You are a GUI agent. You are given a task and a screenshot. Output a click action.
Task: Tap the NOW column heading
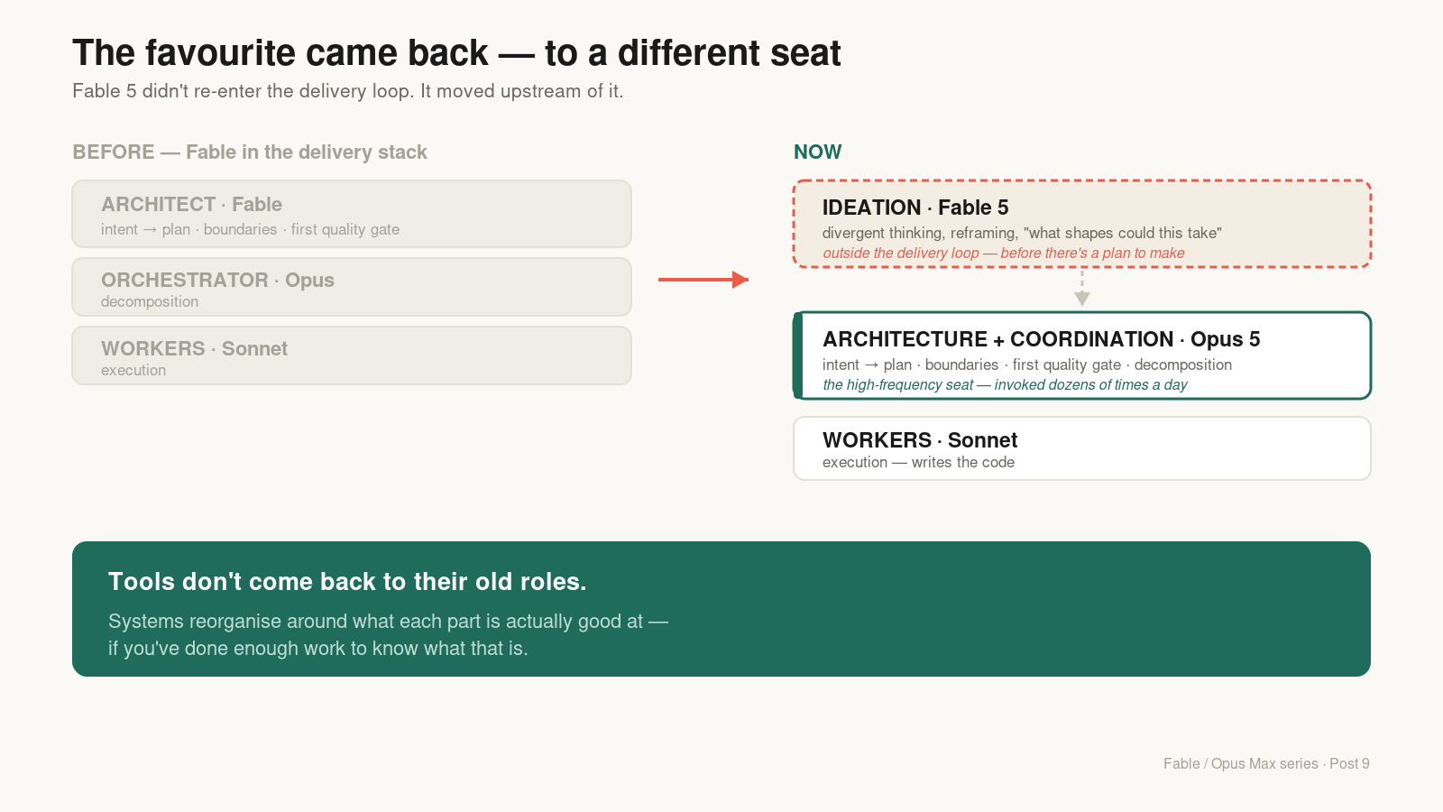pyautogui.click(x=817, y=152)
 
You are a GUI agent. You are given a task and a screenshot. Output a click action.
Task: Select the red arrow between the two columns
pyautogui.click(x=703, y=280)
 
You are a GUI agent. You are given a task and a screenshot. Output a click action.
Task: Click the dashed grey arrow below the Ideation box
pyautogui.click(x=1082, y=288)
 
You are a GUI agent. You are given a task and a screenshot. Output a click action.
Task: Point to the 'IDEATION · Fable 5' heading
pyautogui.click(x=915, y=208)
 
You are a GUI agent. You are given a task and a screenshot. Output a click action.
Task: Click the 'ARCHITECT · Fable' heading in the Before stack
pyautogui.click(x=191, y=204)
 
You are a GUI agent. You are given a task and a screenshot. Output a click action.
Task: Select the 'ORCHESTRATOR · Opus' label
pyautogui.click(x=217, y=281)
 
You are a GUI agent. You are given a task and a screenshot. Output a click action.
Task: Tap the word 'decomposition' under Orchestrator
pyautogui.click(x=150, y=301)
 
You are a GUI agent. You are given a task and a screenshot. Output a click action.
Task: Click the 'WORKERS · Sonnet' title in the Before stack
pyautogui.click(x=194, y=348)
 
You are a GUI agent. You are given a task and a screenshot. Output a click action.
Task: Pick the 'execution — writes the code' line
pyautogui.click(x=919, y=462)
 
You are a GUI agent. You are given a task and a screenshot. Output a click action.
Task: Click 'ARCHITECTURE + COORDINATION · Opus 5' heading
pyautogui.click(x=1041, y=339)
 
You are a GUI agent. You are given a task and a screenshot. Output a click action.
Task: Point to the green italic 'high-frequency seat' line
pyautogui.click(x=1005, y=384)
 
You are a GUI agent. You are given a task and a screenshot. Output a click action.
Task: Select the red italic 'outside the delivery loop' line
pyautogui.click(x=1004, y=254)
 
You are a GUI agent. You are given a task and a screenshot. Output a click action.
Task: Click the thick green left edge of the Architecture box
pyautogui.click(x=798, y=355)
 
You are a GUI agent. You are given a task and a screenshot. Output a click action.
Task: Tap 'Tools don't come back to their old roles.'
pyautogui.click(x=347, y=581)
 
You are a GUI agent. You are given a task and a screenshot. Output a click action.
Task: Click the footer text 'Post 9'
pyautogui.click(x=1349, y=763)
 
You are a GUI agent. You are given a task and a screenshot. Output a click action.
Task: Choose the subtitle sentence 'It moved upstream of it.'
pyautogui.click(x=522, y=91)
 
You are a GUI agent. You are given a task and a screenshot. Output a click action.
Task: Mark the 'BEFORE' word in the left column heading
pyautogui.click(x=114, y=152)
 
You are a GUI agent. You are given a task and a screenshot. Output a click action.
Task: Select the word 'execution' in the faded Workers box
pyautogui.click(x=133, y=370)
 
